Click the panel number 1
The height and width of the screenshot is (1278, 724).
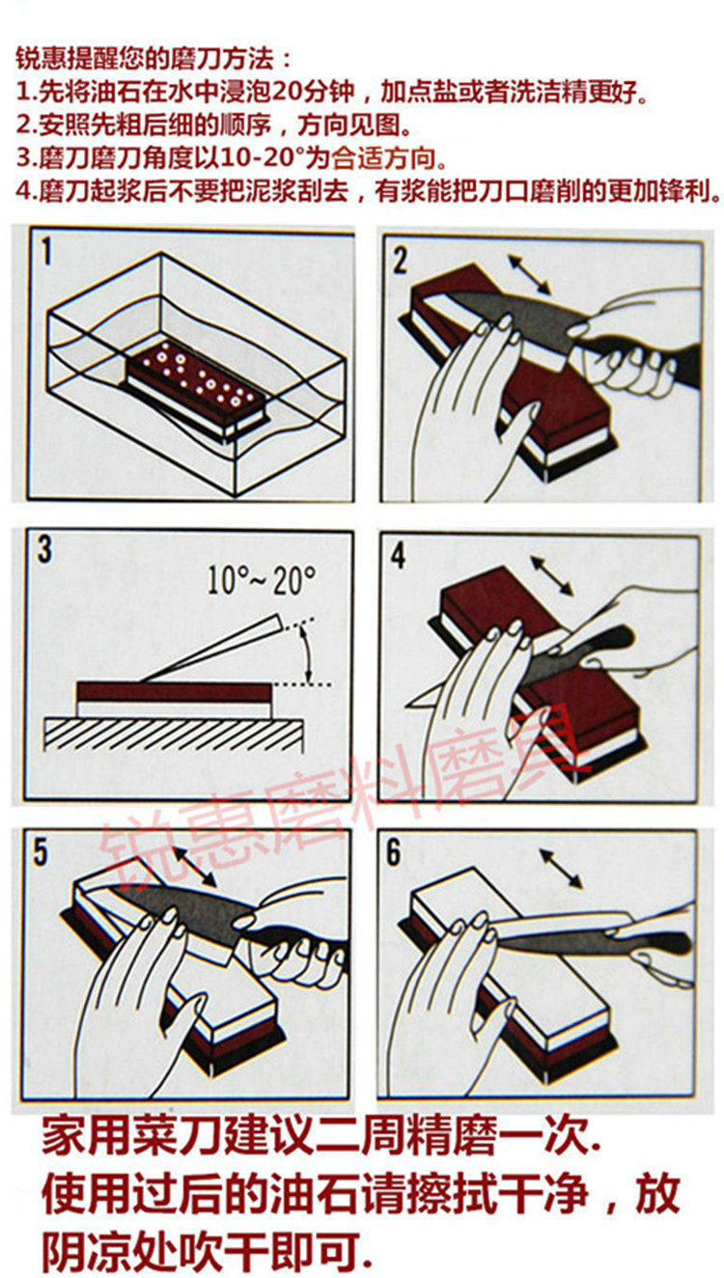45,255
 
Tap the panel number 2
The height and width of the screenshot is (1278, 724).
400,259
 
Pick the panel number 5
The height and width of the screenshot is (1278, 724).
41,853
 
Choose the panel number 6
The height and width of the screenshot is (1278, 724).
394,853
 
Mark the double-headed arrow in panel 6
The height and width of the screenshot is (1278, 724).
561,868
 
